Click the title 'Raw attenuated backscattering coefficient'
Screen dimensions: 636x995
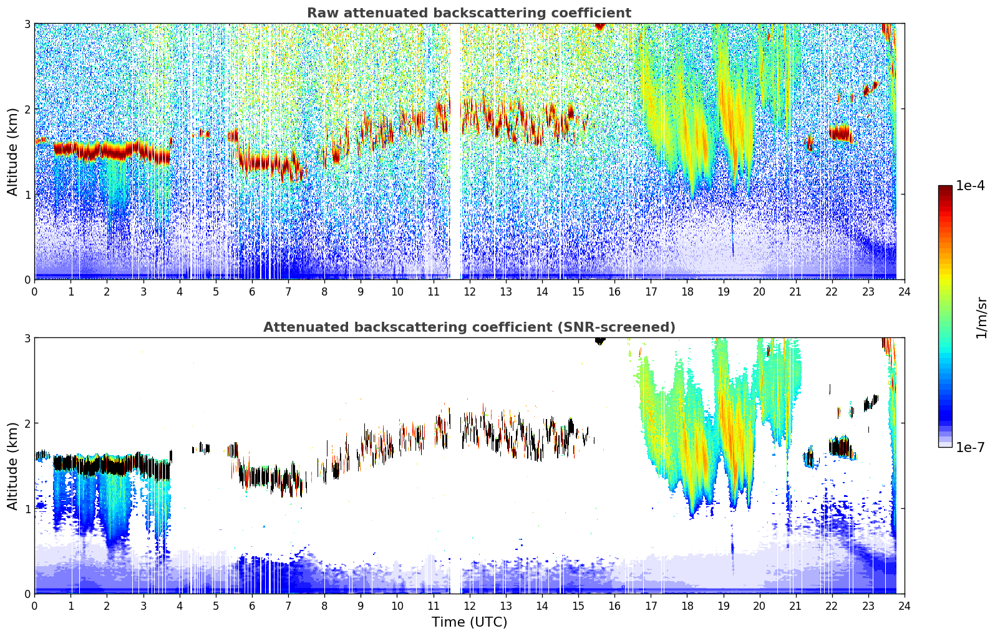click(x=468, y=13)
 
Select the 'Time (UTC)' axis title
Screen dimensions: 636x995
click(x=469, y=622)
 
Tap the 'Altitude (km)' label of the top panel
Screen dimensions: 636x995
click(x=12, y=152)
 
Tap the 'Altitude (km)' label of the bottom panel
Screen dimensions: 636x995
click(x=12, y=466)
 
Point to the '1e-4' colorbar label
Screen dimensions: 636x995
click(x=970, y=186)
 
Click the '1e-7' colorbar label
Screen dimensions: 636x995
click(x=970, y=447)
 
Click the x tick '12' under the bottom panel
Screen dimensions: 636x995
click(x=469, y=605)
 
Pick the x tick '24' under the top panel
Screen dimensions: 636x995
click(x=904, y=291)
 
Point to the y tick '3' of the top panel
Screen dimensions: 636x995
click(x=27, y=24)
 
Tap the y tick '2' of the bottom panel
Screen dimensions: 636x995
click(x=27, y=423)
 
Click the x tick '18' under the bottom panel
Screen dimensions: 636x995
click(x=687, y=605)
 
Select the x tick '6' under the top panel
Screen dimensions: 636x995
click(x=252, y=291)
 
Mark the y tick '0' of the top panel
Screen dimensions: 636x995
click(x=27, y=279)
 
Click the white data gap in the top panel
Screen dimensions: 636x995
click(x=455, y=156)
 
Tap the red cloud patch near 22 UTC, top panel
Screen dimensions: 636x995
click(x=840, y=133)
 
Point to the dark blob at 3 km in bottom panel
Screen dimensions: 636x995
click(x=600, y=340)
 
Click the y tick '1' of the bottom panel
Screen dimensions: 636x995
click(x=27, y=509)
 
